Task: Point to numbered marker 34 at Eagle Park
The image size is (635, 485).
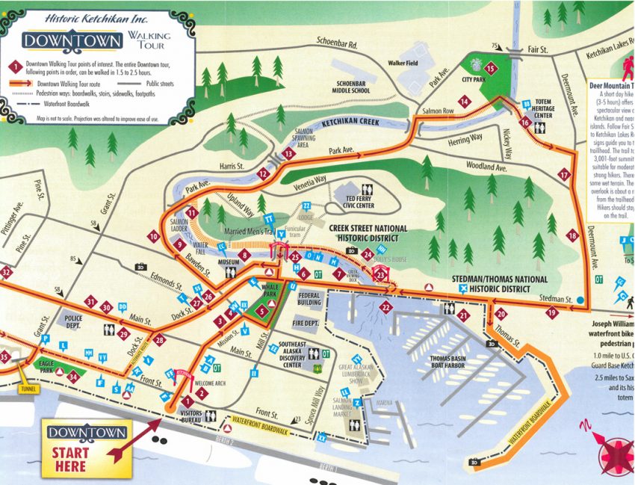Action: pos(73,377)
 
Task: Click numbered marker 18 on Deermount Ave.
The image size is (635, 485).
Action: pos(573,235)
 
